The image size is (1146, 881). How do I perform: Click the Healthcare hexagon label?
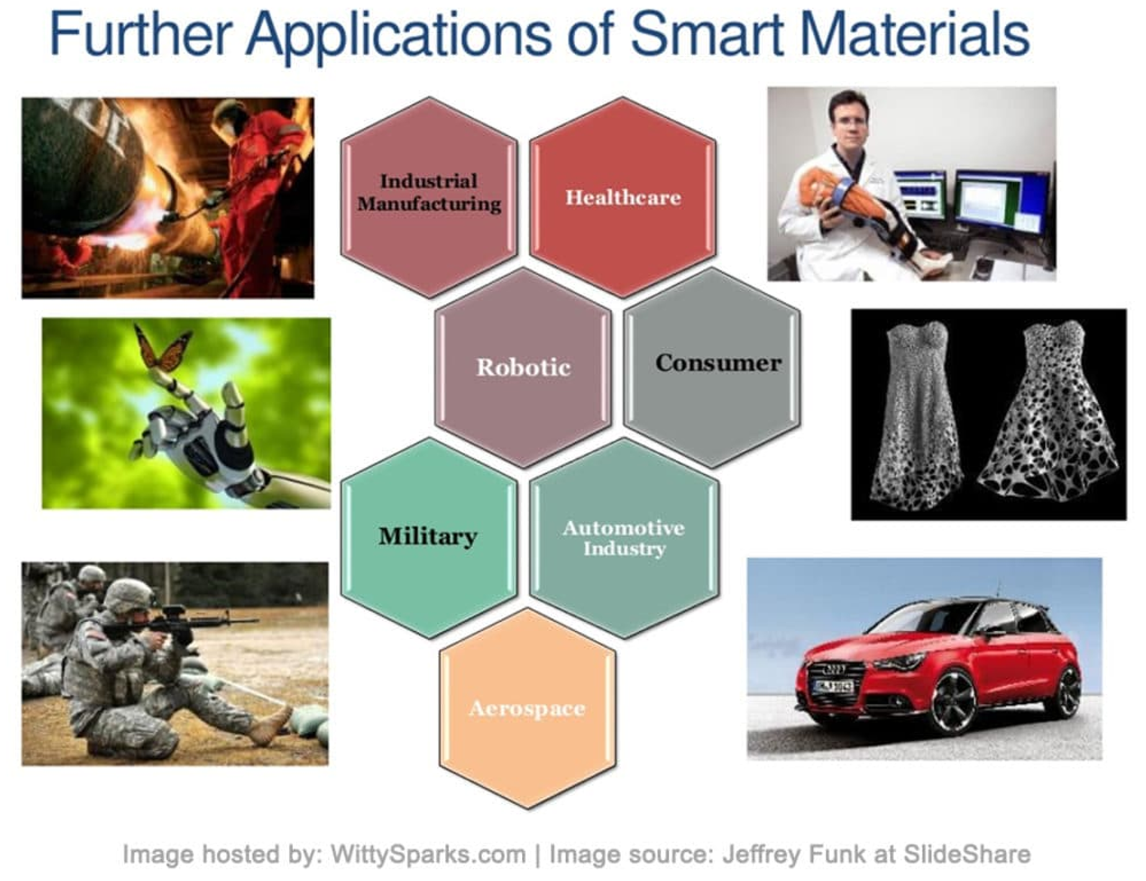(x=623, y=198)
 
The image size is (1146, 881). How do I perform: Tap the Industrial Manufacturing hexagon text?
(x=429, y=192)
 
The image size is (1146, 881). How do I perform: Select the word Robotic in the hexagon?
(x=523, y=367)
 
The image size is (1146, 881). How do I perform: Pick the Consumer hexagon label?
(x=718, y=363)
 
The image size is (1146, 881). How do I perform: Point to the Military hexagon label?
(x=428, y=536)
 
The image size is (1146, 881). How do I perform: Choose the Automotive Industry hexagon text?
(x=624, y=538)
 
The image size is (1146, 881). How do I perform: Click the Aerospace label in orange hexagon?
(x=527, y=709)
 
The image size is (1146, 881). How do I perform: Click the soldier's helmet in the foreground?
(x=128, y=595)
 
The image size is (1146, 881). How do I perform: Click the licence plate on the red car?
(x=833, y=686)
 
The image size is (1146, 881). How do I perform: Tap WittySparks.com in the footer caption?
(x=428, y=854)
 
